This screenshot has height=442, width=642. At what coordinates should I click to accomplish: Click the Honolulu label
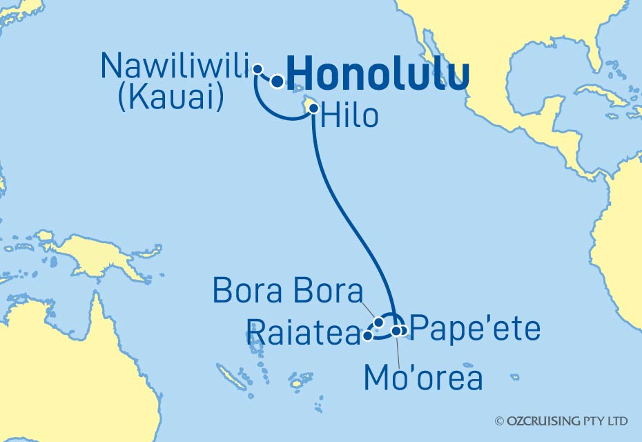(378, 73)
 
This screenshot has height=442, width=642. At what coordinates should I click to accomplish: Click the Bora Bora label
(287, 292)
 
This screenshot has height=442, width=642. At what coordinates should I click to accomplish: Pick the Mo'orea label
(423, 377)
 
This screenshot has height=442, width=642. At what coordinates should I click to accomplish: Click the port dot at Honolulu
(277, 82)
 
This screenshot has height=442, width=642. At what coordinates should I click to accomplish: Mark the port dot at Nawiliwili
(257, 68)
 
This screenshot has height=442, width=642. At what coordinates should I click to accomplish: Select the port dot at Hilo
(313, 108)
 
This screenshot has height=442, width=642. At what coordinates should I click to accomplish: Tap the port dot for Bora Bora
(379, 323)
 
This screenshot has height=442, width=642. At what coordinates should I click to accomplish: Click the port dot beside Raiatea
(368, 336)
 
